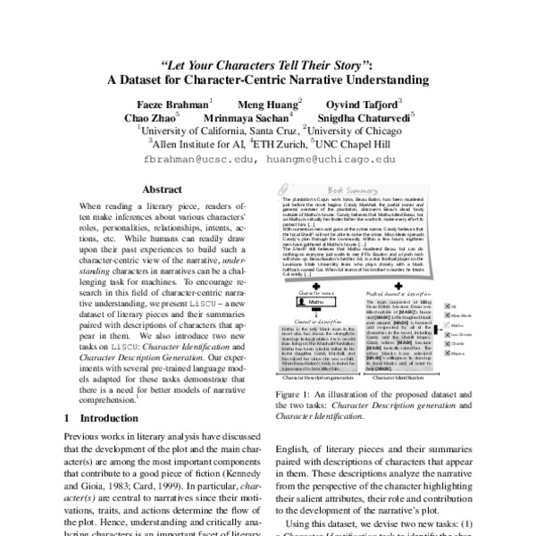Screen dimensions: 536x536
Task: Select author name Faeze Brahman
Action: pyautogui.click(x=172, y=102)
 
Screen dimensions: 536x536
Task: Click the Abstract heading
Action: pyautogui.click(x=163, y=189)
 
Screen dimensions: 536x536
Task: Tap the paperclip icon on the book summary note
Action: pyautogui.click(x=282, y=188)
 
